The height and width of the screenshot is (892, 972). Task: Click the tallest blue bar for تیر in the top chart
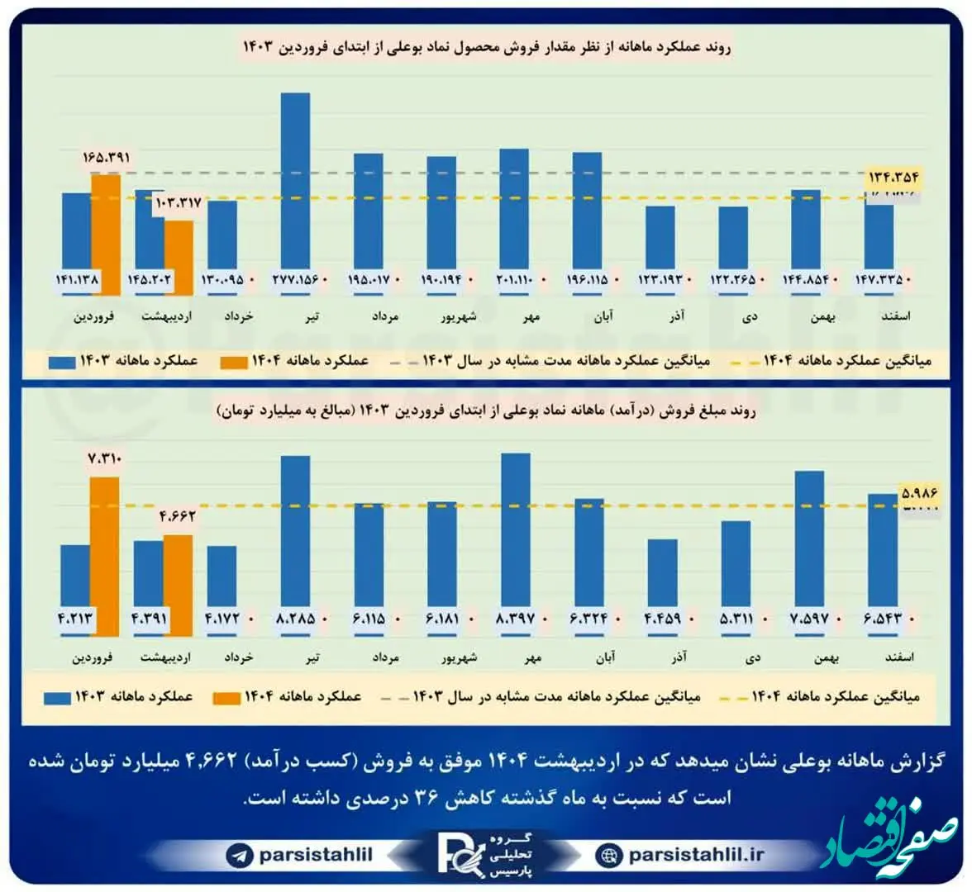(295, 182)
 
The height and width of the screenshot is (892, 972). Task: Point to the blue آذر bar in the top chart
(660, 240)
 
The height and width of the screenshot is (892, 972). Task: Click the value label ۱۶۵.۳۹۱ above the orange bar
(107, 157)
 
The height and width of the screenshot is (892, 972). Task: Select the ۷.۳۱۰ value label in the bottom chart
(104, 459)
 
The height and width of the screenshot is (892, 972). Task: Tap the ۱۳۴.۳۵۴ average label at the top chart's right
(893, 176)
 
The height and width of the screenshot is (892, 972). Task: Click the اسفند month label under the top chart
(897, 317)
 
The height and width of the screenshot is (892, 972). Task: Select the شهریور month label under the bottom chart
(457, 658)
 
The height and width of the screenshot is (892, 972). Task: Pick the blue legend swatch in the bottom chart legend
(59, 697)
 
